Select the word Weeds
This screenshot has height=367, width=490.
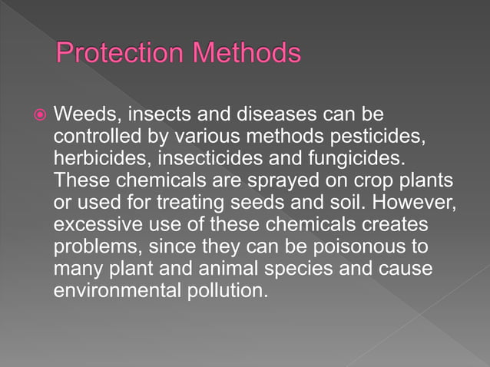85,115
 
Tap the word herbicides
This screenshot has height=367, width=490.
97,158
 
